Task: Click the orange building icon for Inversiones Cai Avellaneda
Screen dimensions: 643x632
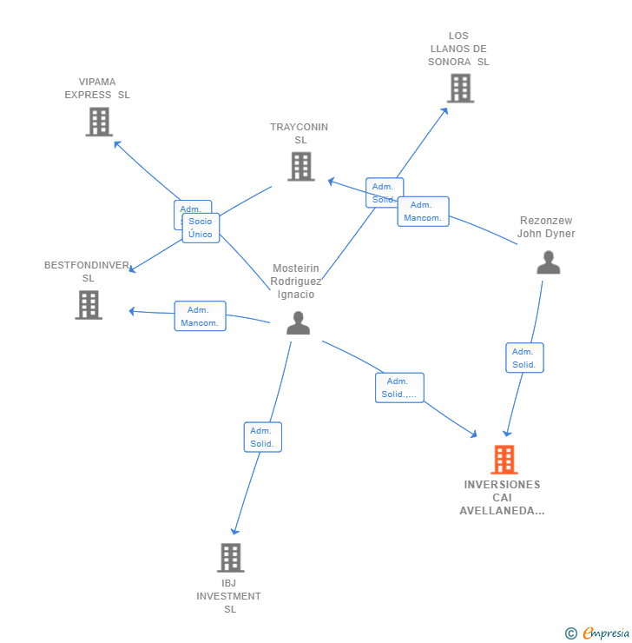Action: pyautogui.click(x=504, y=460)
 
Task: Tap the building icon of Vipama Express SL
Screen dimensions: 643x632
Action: pyautogui.click(x=99, y=122)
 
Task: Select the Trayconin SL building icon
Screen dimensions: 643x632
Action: pyautogui.click(x=300, y=166)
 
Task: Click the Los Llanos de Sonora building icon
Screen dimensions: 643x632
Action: pyautogui.click(x=460, y=88)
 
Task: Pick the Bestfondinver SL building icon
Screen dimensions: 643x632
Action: pyautogui.click(x=89, y=304)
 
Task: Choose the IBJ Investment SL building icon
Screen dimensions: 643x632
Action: pyautogui.click(x=230, y=557)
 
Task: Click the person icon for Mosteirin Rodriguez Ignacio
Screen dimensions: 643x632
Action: pyautogui.click(x=298, y=322)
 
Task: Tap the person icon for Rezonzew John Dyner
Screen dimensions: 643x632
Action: pyautogui.click(x=548, y=262)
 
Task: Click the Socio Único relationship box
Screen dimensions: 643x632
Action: pyautogui.click(x=201, y=228)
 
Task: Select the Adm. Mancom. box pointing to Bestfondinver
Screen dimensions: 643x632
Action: pyautogui.click(x=200, y=316)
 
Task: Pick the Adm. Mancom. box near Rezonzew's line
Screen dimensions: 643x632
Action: pyautogui.click(x=423, y=211)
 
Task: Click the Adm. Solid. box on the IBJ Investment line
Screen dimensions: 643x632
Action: pyautogui.click(x=262, y=437)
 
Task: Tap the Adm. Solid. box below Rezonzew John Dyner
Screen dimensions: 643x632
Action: pyautogui.click(x=524, y=358)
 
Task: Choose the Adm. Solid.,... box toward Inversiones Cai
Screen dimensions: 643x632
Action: pyautogui.click(x=399, y=388)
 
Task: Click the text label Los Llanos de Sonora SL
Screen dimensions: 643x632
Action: pyautogui.click(x=458, y=49)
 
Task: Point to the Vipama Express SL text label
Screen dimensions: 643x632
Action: pyautogui.click(x=97, y=89)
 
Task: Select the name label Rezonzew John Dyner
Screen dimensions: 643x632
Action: pyautogui.click(x=546, y=227)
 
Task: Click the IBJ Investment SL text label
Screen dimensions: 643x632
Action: pyautogui.click(x=229, y=596)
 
